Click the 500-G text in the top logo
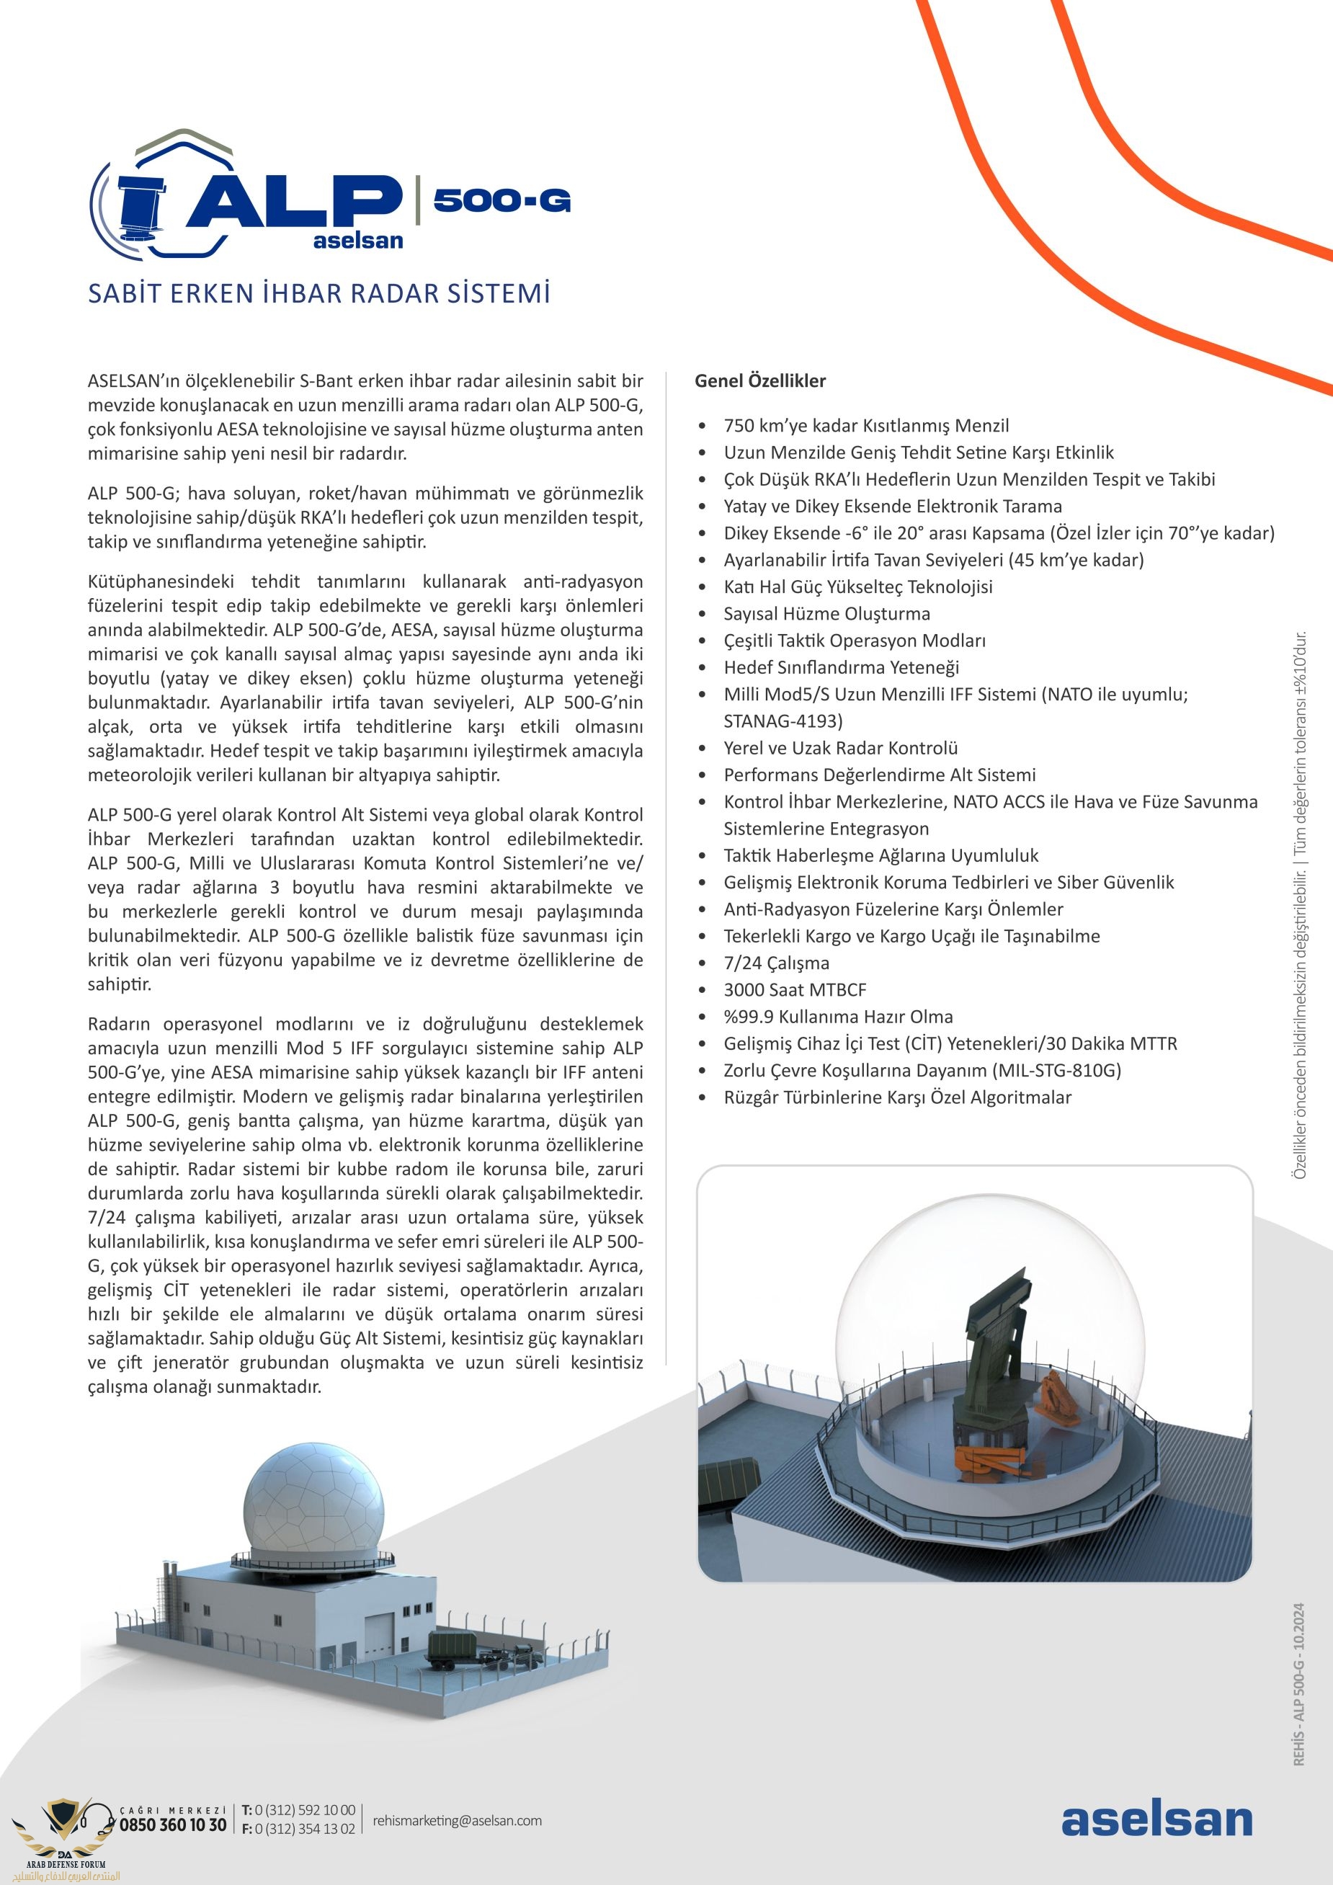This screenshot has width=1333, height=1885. (x=501, y=200)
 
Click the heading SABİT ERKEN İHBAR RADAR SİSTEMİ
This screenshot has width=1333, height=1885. (x=318, y=294)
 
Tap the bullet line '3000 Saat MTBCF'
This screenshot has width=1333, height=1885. (x=795, y=990)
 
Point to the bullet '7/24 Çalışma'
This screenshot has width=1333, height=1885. (x=765, y=963)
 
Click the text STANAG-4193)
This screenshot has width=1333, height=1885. (x=783, y=721)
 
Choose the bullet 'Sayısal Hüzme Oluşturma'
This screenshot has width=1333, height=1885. (x=826, y=613)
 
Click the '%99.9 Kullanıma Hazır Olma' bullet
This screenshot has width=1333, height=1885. (x=838, y=1017)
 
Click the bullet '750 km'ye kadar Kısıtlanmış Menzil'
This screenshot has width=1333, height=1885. (x=866, y=425)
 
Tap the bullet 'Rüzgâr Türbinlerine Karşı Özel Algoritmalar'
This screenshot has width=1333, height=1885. (x=897, y=1097)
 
